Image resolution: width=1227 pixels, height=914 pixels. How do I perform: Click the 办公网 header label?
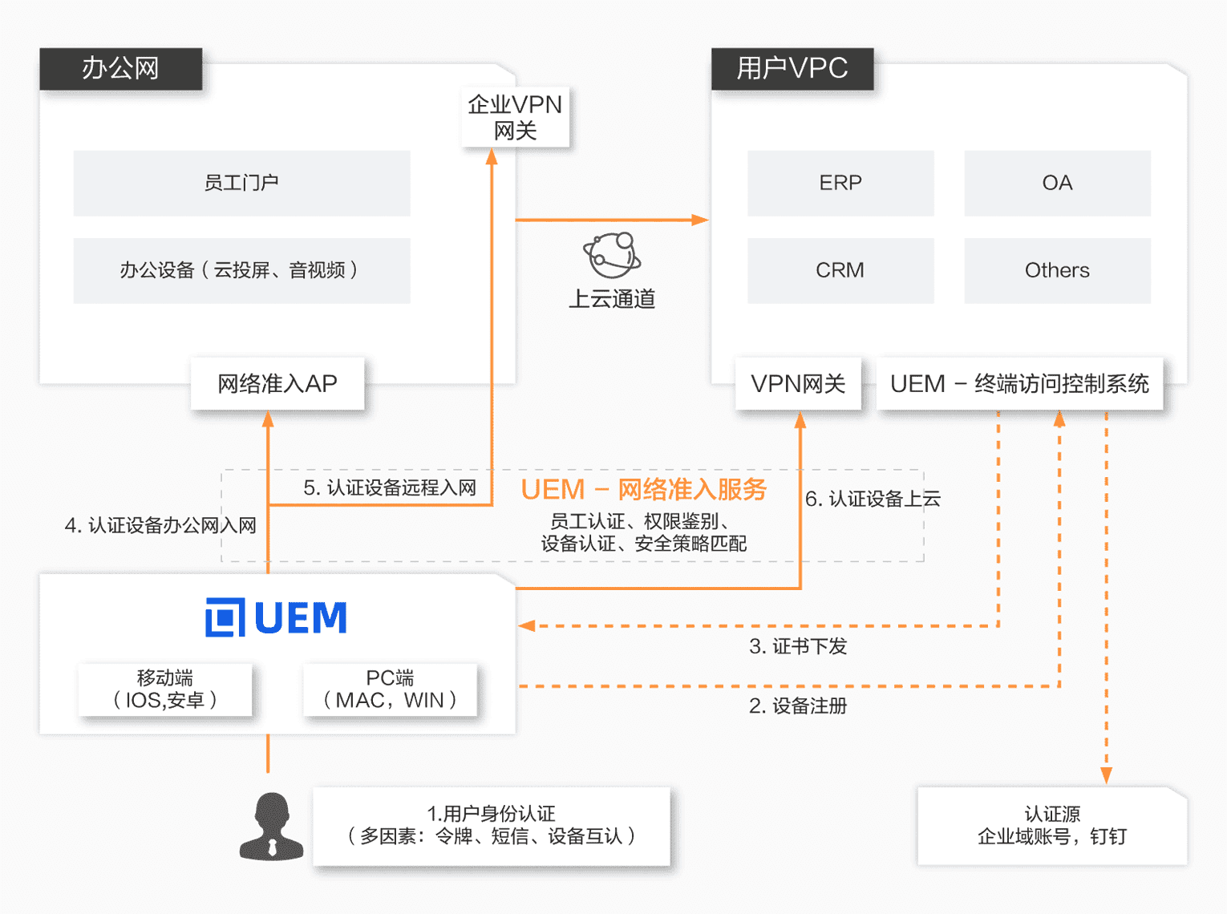120,69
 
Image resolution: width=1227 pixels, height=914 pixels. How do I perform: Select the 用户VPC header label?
792,69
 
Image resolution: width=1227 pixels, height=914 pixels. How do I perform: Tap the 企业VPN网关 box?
515,117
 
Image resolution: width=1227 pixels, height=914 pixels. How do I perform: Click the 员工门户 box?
241,183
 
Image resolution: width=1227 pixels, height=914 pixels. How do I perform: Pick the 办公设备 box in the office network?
241,270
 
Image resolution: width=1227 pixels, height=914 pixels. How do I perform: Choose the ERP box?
840,183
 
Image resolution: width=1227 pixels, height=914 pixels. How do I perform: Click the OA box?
1057,183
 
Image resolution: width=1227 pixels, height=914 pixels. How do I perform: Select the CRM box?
840,270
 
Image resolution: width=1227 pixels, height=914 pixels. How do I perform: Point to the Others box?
1057,270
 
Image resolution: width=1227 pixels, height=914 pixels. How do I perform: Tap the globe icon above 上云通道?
612,255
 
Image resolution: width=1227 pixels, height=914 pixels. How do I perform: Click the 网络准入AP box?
277,384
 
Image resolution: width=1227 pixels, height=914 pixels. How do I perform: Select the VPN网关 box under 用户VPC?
798,384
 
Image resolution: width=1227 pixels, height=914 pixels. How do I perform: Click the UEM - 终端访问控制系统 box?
1019,384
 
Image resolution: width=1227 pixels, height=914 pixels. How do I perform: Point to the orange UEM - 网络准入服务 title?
644,489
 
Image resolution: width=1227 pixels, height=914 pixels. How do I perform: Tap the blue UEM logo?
277,617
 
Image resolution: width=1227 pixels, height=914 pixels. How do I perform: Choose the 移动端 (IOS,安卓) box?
165,690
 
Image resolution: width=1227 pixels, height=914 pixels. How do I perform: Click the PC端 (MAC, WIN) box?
390,690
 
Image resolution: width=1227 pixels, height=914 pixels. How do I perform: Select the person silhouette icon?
272,827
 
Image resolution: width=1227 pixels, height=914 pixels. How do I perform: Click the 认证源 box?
1052,826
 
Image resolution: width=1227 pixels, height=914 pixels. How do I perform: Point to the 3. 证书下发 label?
798,646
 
